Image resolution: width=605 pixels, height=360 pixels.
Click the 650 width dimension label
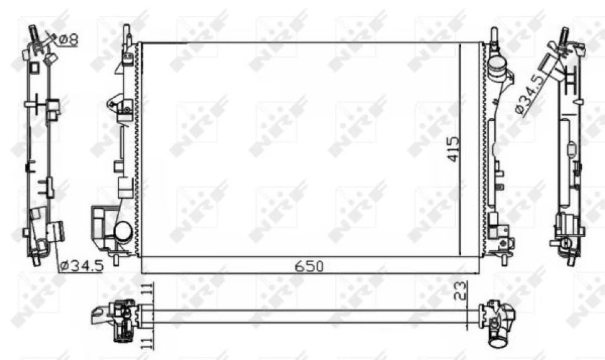tap(310, 267)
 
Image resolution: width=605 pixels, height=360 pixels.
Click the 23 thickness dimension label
tap(461, 290)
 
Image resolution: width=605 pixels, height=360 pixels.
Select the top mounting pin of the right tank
tap(494, 34)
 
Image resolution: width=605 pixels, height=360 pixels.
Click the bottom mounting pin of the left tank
tap(117, 257)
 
